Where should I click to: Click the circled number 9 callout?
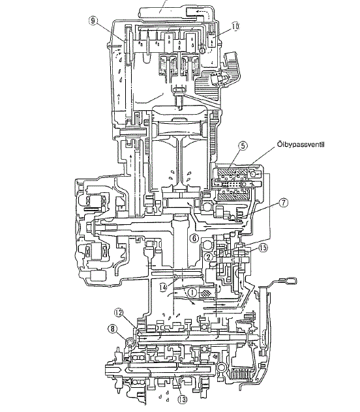(93, 21)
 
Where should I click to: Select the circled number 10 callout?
(235, 26)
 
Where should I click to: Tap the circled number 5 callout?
(243, 146)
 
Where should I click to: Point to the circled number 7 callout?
(283, 203)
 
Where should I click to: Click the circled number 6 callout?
(194, 238)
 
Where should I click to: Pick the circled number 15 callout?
(263, 248)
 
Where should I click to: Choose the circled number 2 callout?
(209, 257)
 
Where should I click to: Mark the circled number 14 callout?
(163, 287)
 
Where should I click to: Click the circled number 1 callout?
(192, 291)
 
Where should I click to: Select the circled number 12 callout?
(119, 312)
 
